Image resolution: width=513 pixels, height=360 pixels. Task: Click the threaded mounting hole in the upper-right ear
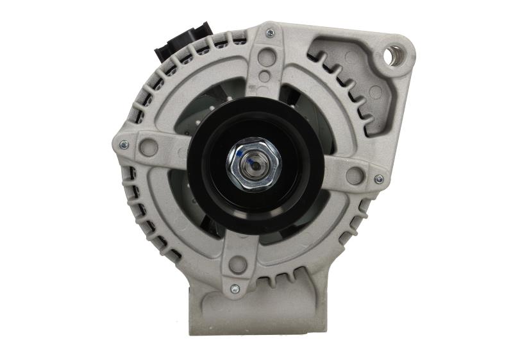(394, 55)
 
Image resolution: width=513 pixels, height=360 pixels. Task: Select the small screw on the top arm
(269, 32)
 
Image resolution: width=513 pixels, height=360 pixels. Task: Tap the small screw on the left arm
(124, 144)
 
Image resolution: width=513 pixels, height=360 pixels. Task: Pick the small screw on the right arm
(378, 179)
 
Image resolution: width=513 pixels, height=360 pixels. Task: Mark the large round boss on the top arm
(267, 56)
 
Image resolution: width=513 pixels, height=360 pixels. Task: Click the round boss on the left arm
(149, 147)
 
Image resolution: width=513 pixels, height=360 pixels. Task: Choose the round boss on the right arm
(355, 175)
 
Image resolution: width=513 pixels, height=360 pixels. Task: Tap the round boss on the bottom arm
(239, 264)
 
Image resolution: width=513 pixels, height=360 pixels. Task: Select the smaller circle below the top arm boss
(265, 76)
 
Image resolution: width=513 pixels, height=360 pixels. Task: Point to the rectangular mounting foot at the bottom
(256, 314)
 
